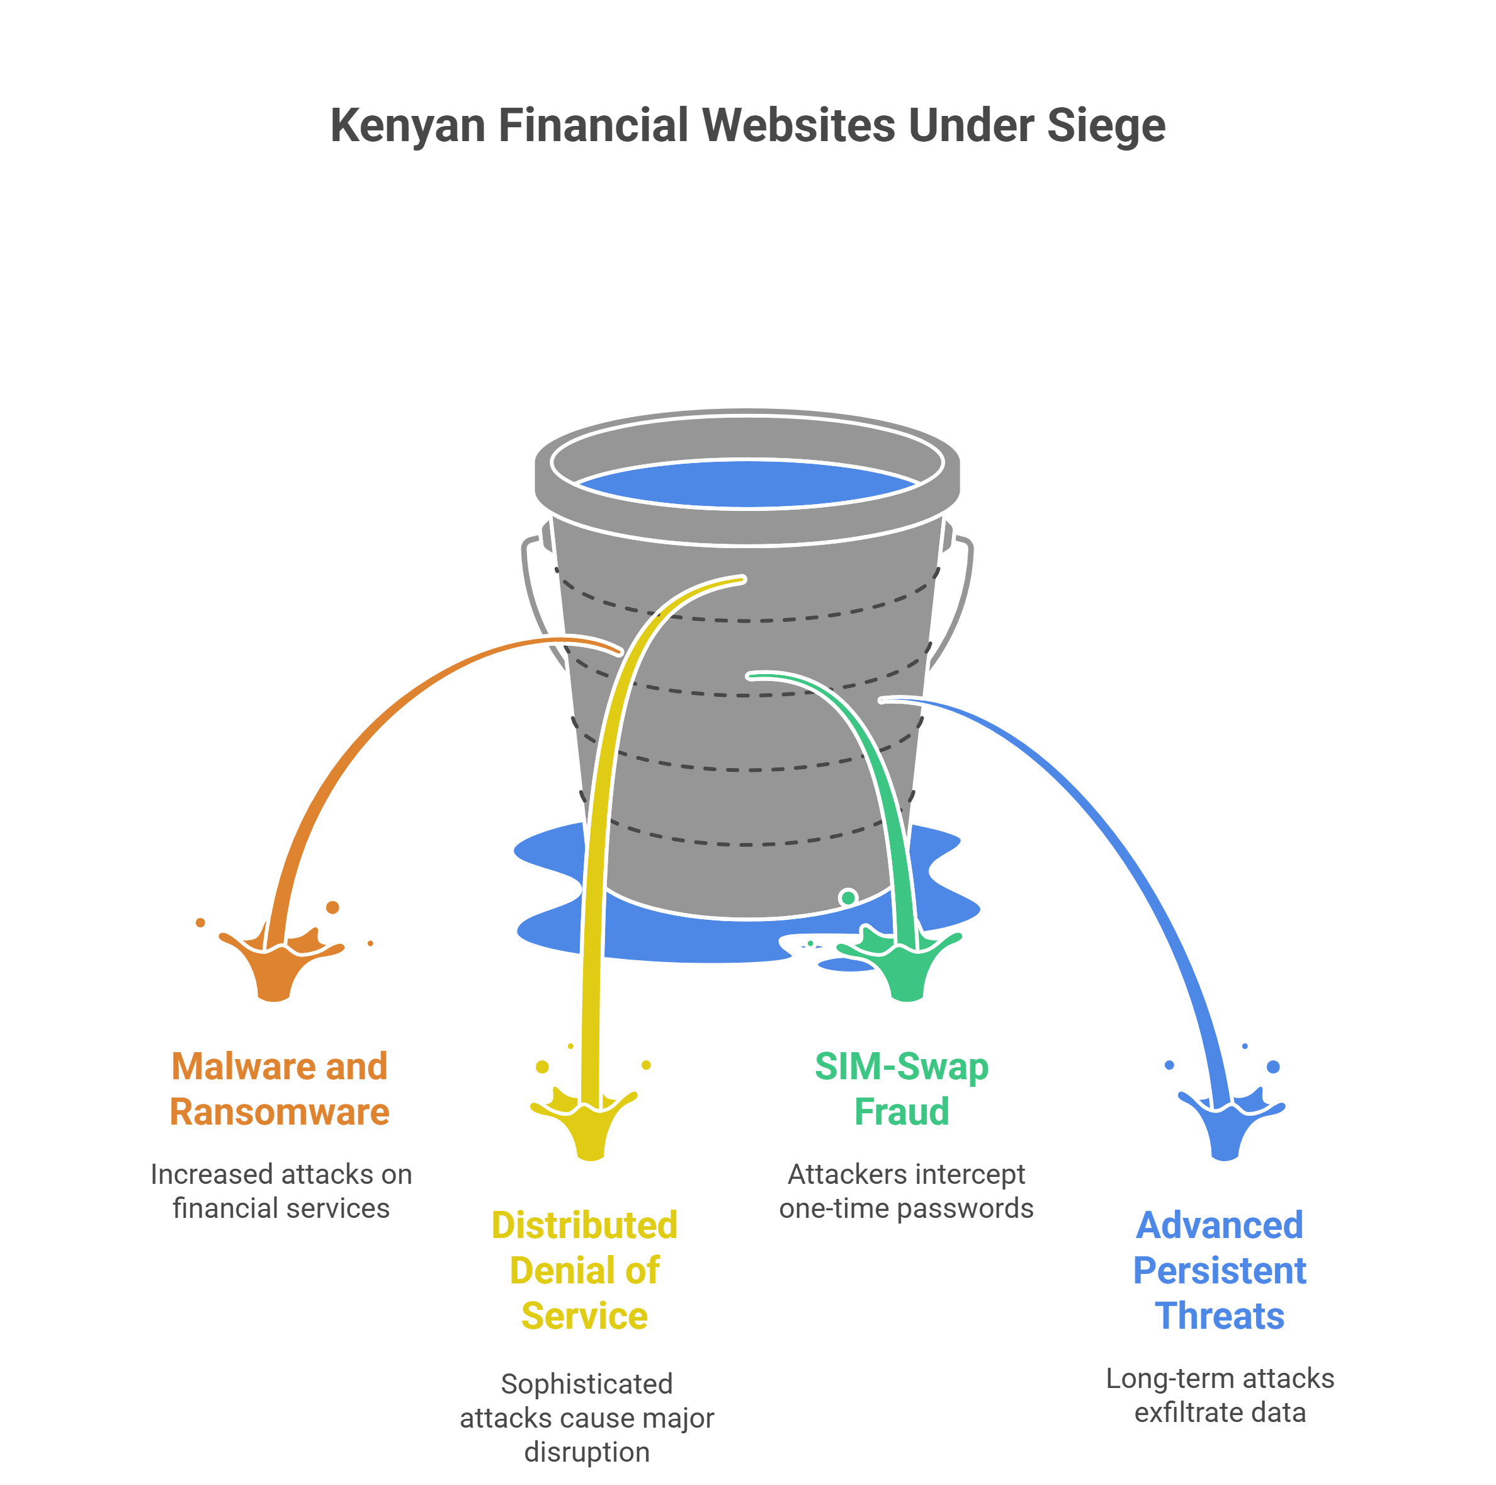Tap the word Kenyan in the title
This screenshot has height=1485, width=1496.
407,126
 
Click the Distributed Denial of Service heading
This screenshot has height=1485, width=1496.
585,1270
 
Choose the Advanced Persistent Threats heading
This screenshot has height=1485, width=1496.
1220,1270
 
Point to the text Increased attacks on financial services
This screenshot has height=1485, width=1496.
281,1191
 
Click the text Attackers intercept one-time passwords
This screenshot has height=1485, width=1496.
906,1191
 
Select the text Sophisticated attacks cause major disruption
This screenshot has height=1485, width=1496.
587,1418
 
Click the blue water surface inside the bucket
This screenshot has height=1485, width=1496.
747,484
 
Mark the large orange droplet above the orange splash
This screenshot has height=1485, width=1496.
333,907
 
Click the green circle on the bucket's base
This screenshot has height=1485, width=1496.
848,897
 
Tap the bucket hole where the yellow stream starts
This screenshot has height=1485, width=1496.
742,578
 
